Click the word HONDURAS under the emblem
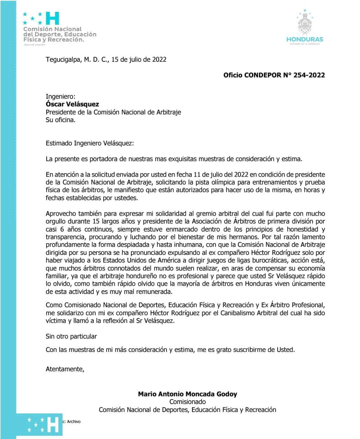click(305, 39)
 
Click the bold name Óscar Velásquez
click(72, 104)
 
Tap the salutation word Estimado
click(59, 143)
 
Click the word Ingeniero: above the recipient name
click(60, 97)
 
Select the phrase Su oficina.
click(60, 120)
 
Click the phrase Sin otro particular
click(71, 336)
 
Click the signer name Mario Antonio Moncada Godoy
click(187, 394)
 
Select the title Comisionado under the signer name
click(188, 402)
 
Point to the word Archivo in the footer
click(74, 422)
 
